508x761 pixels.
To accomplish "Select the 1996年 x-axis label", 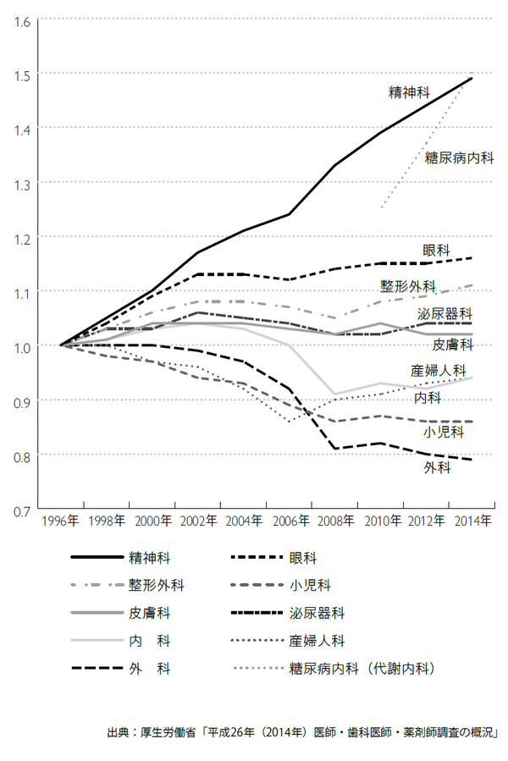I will click(x=61, y=521).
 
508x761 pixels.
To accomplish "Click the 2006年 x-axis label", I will click(x=289, y=521).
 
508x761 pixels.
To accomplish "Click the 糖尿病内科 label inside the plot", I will click(x=459, y=157).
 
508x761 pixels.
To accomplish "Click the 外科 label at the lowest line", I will click(x=437, y=468).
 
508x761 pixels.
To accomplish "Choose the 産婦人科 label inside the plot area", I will click(x=439, y=370).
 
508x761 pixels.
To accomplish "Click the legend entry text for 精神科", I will click(x=149, y=559).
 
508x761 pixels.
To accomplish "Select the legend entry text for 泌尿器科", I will click(x=317, y=613).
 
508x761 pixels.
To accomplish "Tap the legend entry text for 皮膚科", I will click(x=149, y=613).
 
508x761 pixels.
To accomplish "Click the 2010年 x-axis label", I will click(x=380, y=521).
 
